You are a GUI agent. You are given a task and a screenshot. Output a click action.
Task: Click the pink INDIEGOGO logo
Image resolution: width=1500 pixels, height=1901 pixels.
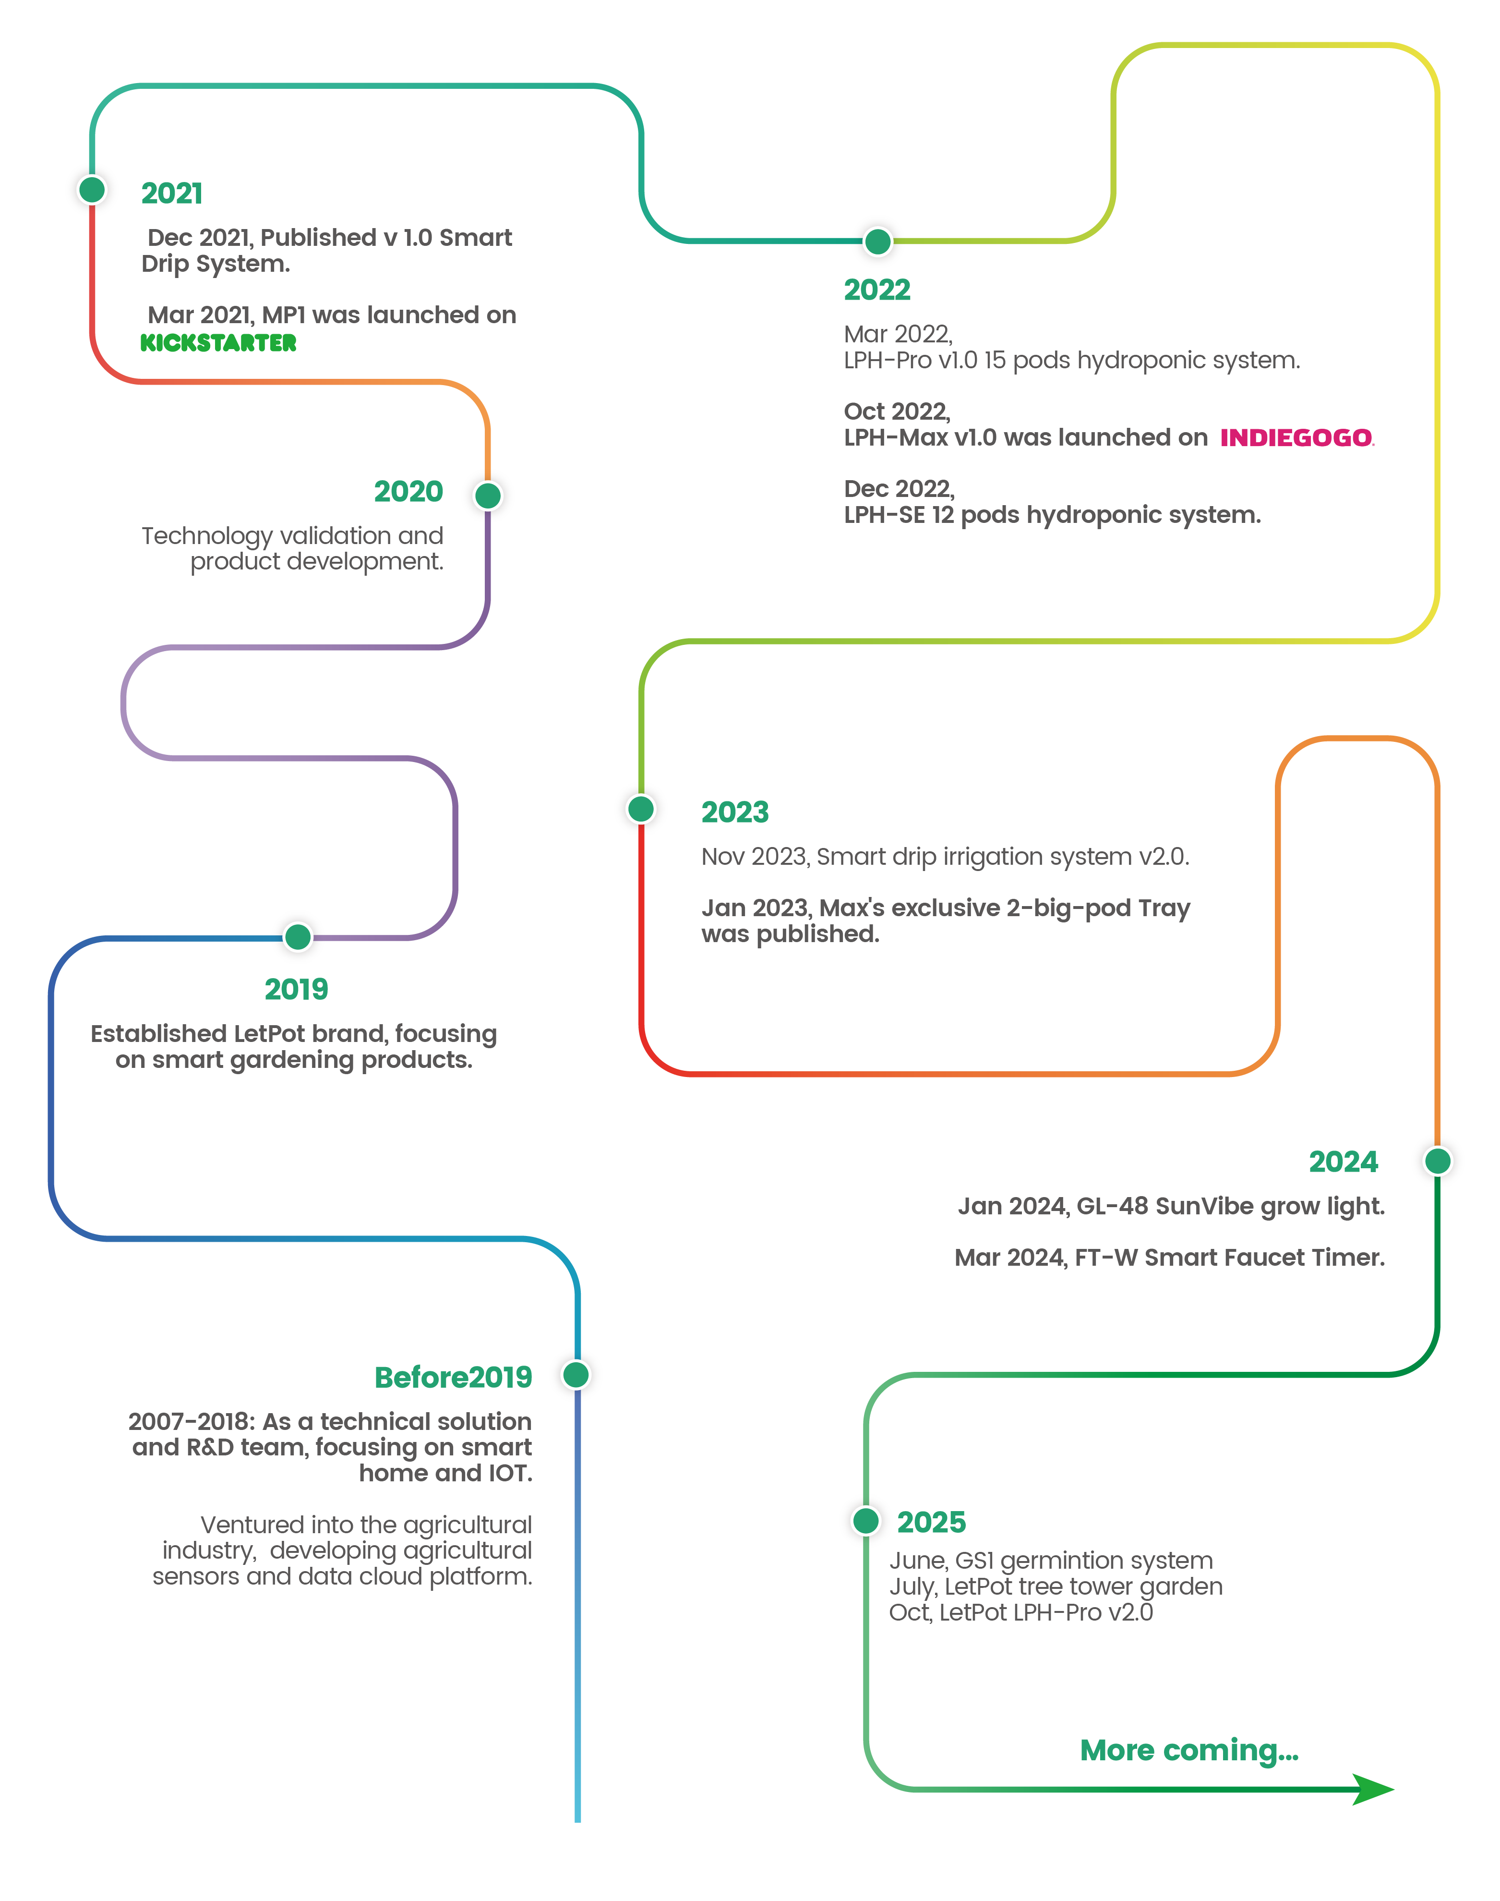(1296, 437)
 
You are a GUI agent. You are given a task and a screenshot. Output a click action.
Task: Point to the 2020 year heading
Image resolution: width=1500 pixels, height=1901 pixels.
(408, 491)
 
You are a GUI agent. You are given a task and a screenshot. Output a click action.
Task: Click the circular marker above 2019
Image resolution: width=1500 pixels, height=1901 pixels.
(298, 937)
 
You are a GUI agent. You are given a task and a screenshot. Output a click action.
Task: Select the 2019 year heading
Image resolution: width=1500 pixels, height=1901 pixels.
(296, 989)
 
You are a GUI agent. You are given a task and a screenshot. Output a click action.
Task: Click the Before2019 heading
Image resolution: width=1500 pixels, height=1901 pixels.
(453, 1377)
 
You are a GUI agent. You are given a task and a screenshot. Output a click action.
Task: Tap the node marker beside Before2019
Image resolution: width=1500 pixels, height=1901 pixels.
(576, 1375)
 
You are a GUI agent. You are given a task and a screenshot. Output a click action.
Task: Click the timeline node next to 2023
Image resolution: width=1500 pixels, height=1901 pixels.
(641, 808)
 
